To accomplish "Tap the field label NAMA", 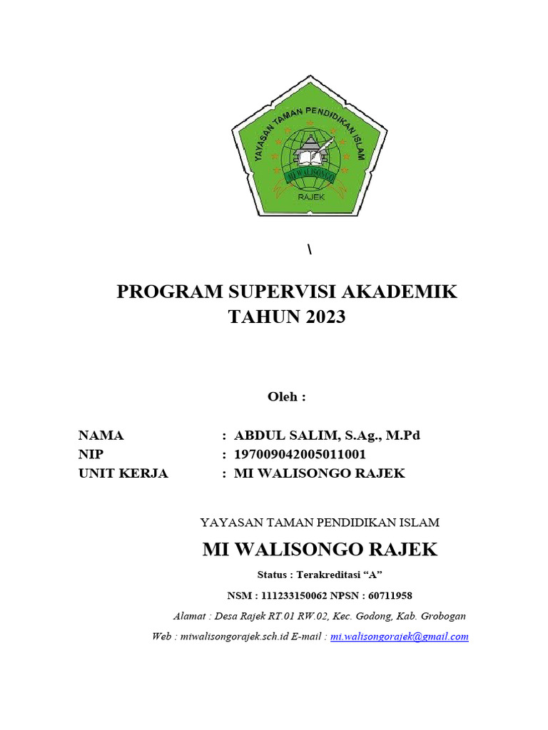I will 101,436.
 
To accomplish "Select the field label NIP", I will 91,454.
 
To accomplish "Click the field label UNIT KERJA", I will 123,473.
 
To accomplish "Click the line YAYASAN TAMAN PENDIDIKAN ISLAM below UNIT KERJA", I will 320,523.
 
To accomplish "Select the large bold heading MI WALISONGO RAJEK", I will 320,550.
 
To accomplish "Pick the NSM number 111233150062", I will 294,595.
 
